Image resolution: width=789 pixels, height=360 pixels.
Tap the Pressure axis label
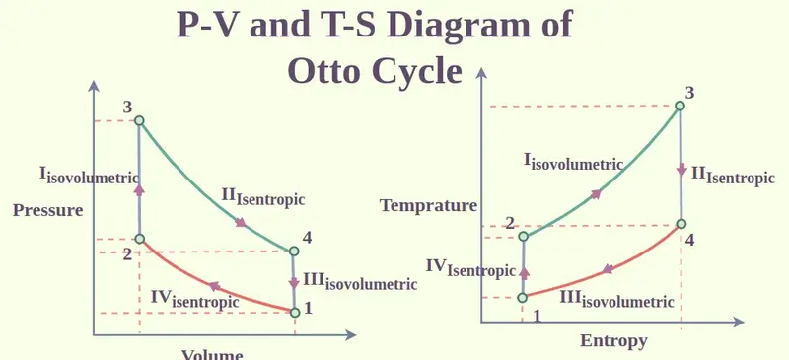coord(47,210)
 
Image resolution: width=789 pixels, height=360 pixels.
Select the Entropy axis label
coord(612,340)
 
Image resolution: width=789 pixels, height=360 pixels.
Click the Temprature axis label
coord(428,205)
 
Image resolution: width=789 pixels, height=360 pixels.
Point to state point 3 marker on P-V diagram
coord(139,121)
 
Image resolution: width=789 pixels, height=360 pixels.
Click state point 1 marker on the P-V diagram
coord(295,313)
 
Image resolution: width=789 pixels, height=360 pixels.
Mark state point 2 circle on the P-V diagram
coord(139,239)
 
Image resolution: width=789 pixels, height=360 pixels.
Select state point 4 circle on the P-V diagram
coord(293,251)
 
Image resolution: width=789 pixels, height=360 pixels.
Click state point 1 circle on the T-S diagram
coord(524,296)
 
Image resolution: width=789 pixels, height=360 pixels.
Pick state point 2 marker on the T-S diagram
coord(524,236)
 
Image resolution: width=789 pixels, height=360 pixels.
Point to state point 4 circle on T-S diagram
coord(681,224)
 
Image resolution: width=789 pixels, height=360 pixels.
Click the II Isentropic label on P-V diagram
coord(263,197)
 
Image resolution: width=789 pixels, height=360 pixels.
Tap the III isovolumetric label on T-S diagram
coord(616,299)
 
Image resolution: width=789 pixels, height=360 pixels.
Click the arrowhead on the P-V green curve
coord(241,222)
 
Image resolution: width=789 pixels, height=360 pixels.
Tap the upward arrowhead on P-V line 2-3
coord(139,188)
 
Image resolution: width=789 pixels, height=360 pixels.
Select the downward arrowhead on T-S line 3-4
coord(681,170)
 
